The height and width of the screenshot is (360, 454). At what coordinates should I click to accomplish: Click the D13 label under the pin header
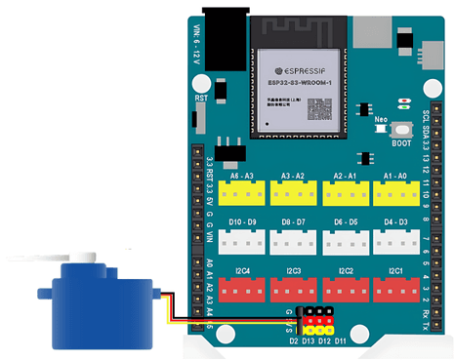(310, 340)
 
